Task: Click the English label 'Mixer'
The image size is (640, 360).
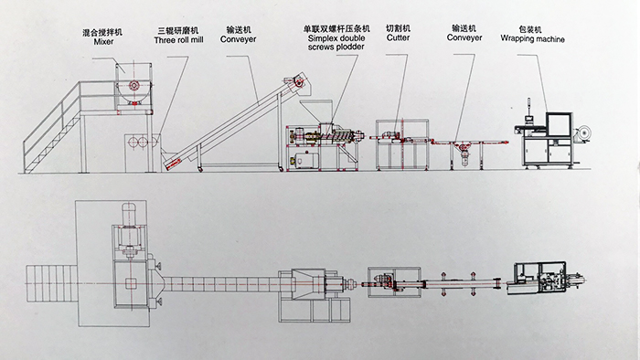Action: tap(103, 42)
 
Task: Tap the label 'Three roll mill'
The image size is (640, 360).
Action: tap(179, 40)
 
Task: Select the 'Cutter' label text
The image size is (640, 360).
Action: tap(398, 37)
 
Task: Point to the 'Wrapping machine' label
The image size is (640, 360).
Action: tap(533, 39)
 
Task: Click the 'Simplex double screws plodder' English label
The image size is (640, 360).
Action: tap(336, 43)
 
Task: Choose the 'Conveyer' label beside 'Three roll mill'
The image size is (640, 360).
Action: tap(238, 39)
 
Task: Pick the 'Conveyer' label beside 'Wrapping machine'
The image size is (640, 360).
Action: tap(464, 37)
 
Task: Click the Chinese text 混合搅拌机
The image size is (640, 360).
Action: tap(102, 32)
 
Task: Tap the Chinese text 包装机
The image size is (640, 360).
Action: tap(530, 29)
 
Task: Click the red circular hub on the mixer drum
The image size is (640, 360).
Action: tap(133, 85)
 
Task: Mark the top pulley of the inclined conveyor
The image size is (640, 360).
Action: tap(299, 83)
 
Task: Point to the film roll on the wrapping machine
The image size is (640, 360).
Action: tap(583, 132)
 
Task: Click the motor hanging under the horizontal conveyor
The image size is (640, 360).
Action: tap(464, 154)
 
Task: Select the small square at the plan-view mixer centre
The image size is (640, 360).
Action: tap(131, 283)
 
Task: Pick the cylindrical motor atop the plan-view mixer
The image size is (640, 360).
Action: tap(131, 214)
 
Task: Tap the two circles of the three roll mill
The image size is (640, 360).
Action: tap(138, 142)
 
